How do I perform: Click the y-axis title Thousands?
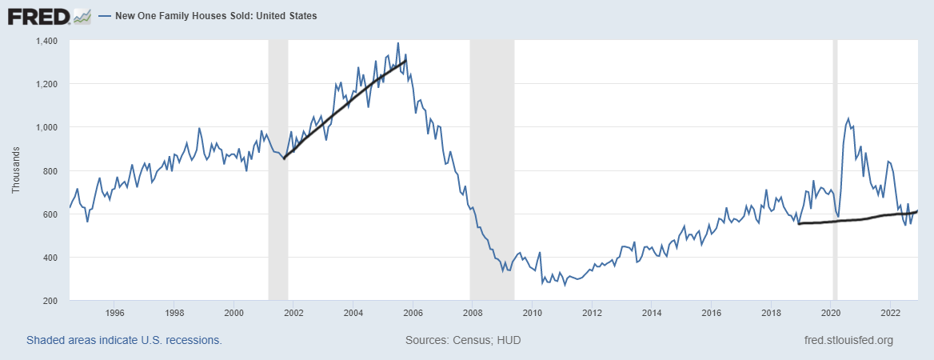point(15,170)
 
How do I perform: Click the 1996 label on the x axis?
point(114,313)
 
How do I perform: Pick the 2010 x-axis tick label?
point(533,313)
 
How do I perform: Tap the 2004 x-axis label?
point(353,313)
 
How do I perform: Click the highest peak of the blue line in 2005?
point(398,44)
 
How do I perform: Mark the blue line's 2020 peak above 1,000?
point(848,119)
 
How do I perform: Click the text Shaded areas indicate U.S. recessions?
point(124,340)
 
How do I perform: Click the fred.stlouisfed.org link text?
point(848,340)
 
